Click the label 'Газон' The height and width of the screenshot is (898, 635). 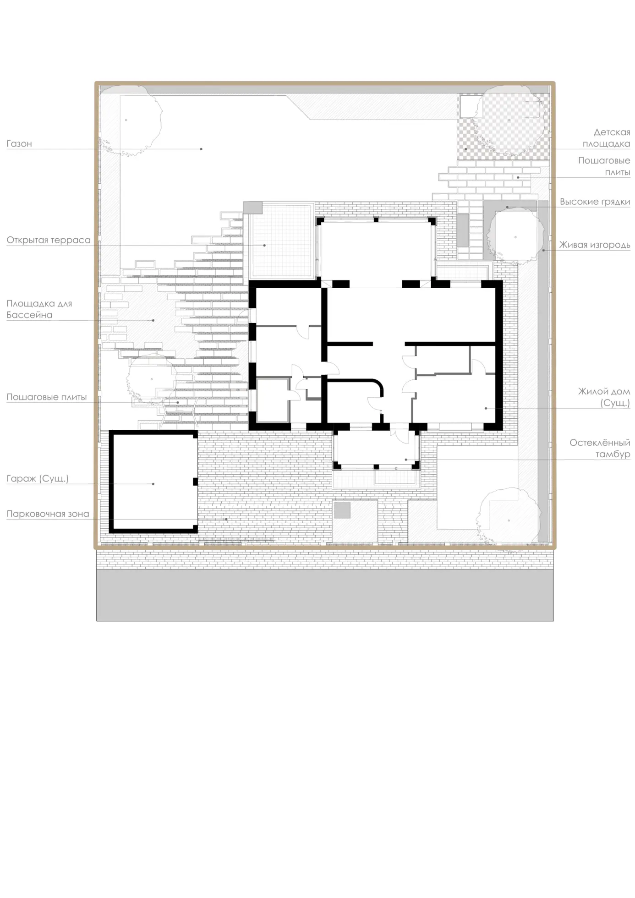[19, 143]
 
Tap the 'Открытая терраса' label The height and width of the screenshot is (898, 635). [49, 240]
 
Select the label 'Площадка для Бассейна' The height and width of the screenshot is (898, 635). [39, 309]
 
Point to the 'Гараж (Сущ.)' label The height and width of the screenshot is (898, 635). [38, 479]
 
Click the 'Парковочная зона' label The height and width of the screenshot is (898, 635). [48, 514]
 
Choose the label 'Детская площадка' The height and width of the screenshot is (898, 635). [607, 138]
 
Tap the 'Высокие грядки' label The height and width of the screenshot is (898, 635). [595, 202]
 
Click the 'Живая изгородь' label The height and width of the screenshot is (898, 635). [595, 245]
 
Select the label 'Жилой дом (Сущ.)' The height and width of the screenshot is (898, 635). [604, 397]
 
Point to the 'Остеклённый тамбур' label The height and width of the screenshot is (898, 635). [600, 448]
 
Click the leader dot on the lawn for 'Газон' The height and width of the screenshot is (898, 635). [201, 149]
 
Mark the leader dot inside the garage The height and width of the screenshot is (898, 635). [153, 484]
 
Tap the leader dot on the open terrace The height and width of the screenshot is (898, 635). [264, 246]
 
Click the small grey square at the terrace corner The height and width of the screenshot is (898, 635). [252, 208]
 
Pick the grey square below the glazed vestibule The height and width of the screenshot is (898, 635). [342, 510]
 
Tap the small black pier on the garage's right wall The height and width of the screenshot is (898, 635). [195, 482]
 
